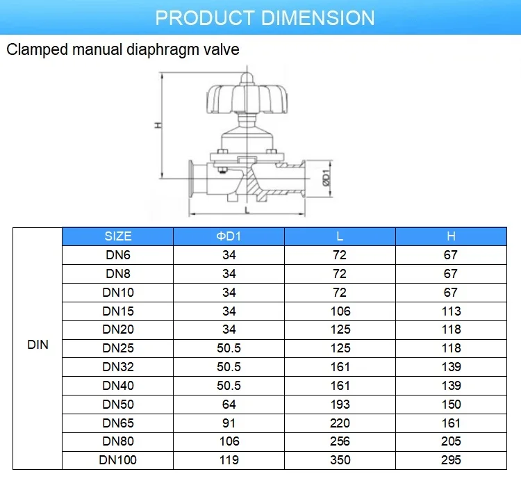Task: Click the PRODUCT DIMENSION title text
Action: coord(265,17)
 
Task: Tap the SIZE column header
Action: coord(117,236)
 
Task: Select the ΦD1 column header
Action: coord(229,236)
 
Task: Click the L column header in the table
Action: coord(340,236)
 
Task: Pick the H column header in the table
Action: coord(451,236)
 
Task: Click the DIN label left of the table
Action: coord(38,345)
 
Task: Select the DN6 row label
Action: coord(117,255)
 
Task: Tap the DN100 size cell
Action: coord(117,459)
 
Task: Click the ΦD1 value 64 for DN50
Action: coord(229,404)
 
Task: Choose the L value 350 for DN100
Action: coord(340,459)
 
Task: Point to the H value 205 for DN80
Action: coord(451,441)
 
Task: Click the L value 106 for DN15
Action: coord(340,311)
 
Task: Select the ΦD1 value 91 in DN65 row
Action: coord(229,423)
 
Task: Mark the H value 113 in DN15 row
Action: coord(451,311)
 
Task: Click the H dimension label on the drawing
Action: coord(158,125)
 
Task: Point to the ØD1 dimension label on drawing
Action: coord(325,179)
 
